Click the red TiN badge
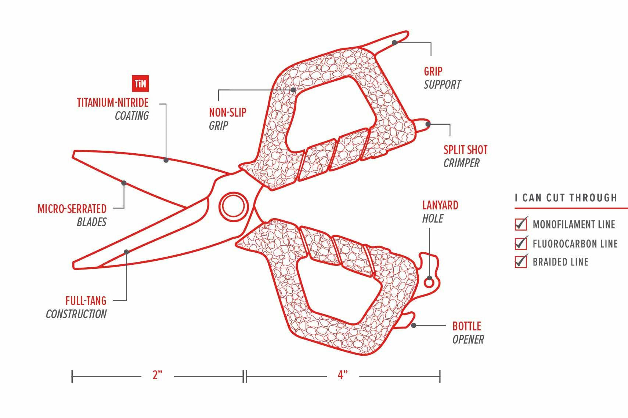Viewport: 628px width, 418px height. click(x=140, y=84)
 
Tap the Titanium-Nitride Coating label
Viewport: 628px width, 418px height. click(x=113, y=109)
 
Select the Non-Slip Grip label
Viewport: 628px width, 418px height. click(x=227, y=119)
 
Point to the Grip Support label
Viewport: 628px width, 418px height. click(x=442, y=78)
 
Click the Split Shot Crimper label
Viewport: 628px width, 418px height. click(x=465, y=156)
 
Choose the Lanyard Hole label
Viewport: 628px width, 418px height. click(x=440, y=212)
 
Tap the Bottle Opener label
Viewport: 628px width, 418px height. click(x=468, y=333)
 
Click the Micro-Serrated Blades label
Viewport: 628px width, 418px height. click(x=72, y=215)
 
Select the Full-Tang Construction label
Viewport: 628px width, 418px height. click(x=76, y=307)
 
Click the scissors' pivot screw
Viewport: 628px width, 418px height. click(x=234, y=206)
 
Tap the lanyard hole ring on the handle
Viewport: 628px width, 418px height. click(x=429, y=283)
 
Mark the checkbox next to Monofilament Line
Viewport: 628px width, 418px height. click(x=521, y=224)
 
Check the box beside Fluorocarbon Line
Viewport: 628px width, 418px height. click(x=521, y=243)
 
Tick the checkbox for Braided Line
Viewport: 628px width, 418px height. click(x=521, y=262)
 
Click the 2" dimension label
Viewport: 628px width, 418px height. click(x=157, y=375)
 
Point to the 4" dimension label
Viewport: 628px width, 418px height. click(x=343, y=375)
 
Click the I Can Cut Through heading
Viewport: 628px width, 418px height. click(x=566, y=198)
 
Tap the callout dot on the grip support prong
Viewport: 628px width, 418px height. click(x=394, y=43)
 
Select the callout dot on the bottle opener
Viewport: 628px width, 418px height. click(x=414, y=325)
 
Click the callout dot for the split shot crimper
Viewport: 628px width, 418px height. click(x=428, y=124)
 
